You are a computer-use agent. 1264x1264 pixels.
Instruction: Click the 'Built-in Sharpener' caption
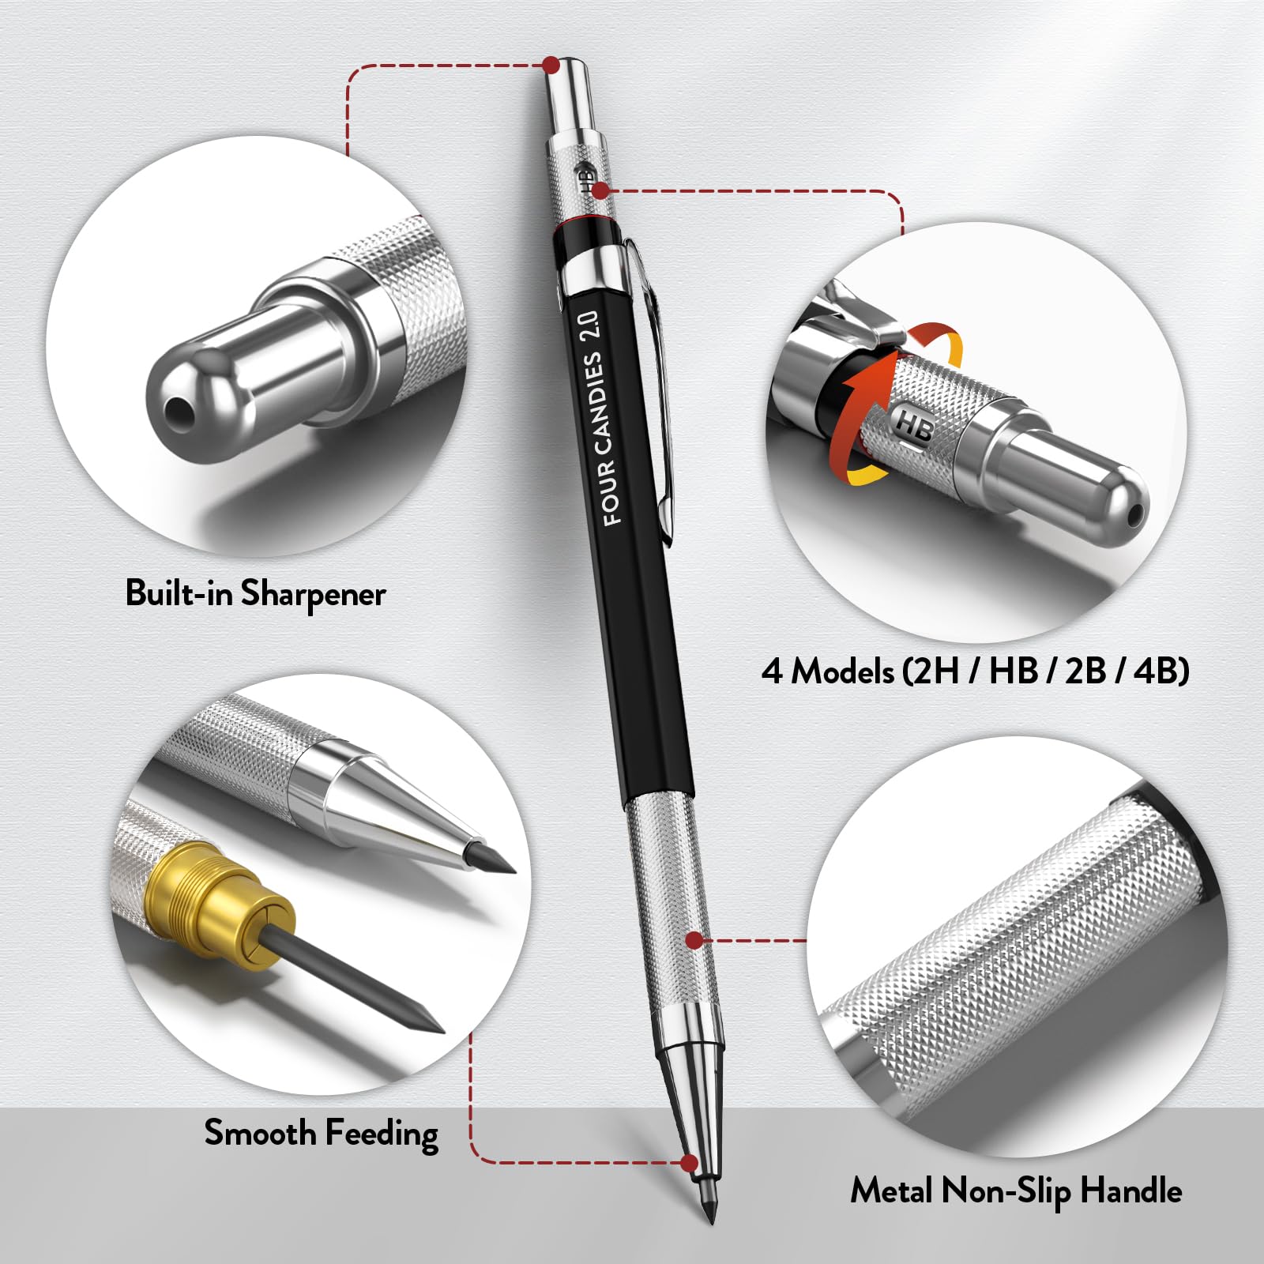click(x=255, y=593)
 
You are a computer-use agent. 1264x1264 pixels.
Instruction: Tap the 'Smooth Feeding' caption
click(x=321, y=1134)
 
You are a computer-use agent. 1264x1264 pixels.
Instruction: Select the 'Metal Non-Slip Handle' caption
click(x=1016, y=1191)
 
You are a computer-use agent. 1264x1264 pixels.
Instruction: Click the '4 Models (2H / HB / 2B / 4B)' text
click(x=975, y=671)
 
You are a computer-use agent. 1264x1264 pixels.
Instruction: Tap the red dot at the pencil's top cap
click(x=551, y=64)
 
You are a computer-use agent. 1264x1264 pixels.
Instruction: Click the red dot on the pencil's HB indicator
click(x=600, y=190)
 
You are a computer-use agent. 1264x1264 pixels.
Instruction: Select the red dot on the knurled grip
click(x=694, y=940)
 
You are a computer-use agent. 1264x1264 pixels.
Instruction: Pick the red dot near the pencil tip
click(x=690, y=1162)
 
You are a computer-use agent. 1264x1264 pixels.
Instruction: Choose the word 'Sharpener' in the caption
click(x=314, y=594)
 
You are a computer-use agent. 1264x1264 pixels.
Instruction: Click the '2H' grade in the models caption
click(x=935, y=671)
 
